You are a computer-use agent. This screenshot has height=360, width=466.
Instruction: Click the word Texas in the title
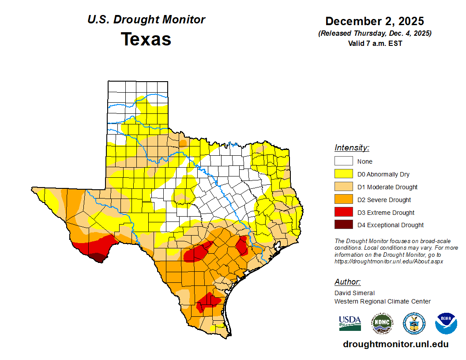(x=146, y=39)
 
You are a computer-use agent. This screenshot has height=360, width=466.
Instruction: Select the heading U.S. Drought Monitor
(x=146, y=20)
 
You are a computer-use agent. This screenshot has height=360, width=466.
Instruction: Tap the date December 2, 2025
(x=375, y=21)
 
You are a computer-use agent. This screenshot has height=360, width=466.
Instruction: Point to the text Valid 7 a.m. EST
(x=375, y=43)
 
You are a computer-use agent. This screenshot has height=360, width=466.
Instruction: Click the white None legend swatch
(x=343, y=161)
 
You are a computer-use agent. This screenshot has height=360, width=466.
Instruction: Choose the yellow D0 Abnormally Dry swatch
(x=343, y=174)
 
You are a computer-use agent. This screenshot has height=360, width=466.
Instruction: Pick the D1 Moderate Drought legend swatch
(x=343, y=187)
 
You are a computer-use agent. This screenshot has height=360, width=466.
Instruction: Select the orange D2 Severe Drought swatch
(x=343, y=200)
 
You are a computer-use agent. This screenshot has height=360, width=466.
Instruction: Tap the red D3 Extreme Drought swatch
(x=343, y=213)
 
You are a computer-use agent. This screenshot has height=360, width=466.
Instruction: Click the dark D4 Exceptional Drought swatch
(x=343, y=225)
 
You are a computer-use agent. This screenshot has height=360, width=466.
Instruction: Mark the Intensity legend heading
(x=352, y=148)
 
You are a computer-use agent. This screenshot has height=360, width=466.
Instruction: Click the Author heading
(x=347, y=282)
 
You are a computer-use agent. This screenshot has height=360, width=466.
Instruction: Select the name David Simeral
(x=354, y=293)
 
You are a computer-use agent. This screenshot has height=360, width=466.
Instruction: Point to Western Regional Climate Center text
(x=382, y=301)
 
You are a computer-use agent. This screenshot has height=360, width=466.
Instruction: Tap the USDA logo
(x=350, y=323)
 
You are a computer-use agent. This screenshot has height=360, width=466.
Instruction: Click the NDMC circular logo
(x=382, y=323)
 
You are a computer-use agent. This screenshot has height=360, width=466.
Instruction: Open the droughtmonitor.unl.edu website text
(x=396, y=345)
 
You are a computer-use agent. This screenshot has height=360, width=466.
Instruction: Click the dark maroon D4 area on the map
(x=98, y=257)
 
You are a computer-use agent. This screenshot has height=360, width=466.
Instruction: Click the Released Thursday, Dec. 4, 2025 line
(x=375, y=34)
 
